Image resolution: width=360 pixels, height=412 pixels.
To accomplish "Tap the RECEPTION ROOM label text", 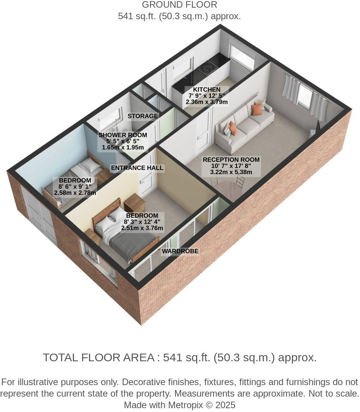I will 231,159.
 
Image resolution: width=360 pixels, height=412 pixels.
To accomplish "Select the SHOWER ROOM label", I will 123,135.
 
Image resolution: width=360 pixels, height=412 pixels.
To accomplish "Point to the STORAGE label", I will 143,116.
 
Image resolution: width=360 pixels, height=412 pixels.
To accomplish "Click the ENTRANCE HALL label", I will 137,168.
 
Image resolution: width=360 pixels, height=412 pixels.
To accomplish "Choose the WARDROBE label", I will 180,251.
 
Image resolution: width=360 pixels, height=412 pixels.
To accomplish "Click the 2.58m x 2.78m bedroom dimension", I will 75,193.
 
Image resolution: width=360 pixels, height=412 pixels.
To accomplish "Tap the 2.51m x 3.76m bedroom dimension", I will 142,228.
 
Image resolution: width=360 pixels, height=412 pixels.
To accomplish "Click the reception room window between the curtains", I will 305,96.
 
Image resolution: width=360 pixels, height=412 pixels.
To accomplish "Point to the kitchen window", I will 242,56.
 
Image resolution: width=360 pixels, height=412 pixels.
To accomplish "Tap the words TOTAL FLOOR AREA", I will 98,357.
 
